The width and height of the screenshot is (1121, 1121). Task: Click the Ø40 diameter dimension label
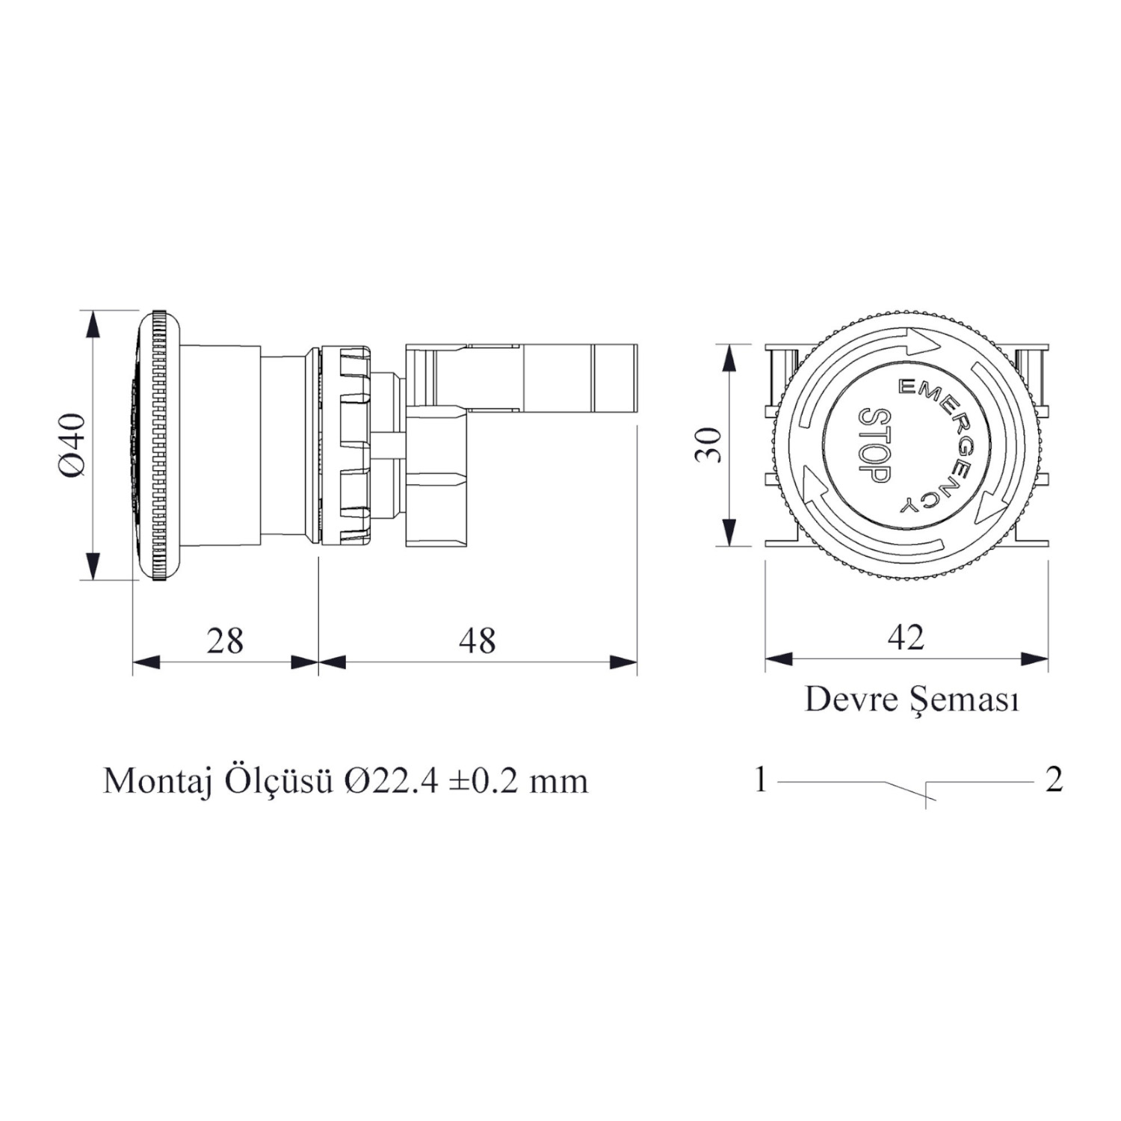(73, 445)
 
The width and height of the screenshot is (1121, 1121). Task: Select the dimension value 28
(225, 640)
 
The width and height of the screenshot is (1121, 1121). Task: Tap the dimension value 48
(477, 640)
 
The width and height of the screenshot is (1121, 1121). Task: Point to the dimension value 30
(708, 445)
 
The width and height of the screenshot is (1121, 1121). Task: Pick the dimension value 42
(906, 637)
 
